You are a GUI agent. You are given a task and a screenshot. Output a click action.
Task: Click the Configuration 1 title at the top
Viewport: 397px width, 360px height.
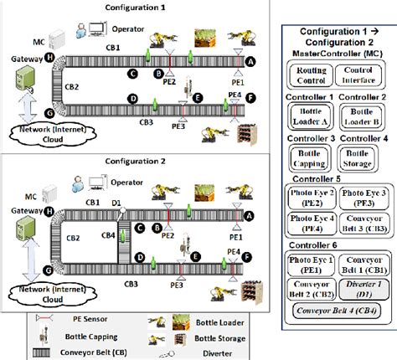140,7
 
